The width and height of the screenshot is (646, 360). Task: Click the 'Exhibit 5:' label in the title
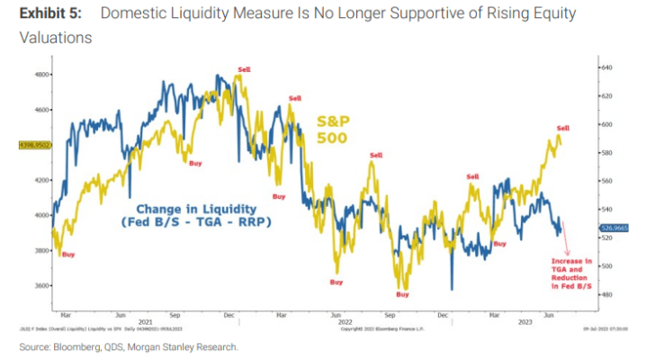point(47,14)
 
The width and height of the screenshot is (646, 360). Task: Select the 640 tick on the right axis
point(606,67)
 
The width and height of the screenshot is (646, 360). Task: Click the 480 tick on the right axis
point(606,295)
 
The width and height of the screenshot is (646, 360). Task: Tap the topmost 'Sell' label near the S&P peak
point(243,69)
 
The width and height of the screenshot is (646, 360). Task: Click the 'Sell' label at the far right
point(563,129)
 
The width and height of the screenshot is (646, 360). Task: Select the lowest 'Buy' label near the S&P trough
point(402,294)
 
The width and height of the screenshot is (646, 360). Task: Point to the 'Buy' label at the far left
point(68,256)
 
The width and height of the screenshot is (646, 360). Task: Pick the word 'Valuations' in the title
point(55,39)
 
